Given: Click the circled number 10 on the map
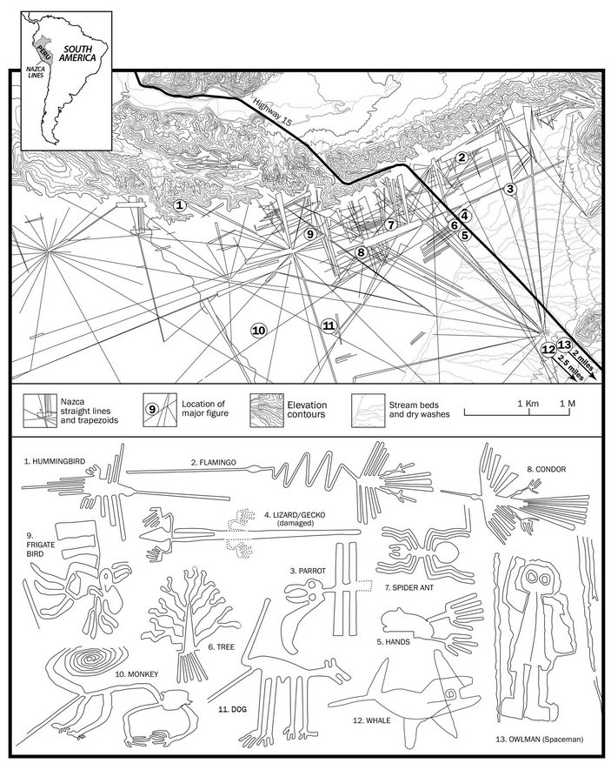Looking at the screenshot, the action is point(258,330).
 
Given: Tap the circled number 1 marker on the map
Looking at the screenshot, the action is point(180,205).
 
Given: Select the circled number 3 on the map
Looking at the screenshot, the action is point(510,189).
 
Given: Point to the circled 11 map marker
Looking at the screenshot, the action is point(329,325).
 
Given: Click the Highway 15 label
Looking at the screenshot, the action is point(272,111).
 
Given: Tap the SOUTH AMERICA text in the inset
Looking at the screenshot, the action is point(77,54).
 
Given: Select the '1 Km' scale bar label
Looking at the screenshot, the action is point(528,404).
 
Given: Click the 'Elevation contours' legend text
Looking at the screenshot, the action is point(307,410).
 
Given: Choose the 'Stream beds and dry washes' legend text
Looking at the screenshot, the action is point(419,410).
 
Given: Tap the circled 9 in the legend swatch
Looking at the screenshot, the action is point(152,409).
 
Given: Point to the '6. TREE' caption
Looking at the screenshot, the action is point(221,647).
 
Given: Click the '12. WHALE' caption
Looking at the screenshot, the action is point(372,720).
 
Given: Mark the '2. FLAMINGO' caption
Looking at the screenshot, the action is point(213,462).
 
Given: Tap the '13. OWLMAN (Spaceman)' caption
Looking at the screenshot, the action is point(540,739).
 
